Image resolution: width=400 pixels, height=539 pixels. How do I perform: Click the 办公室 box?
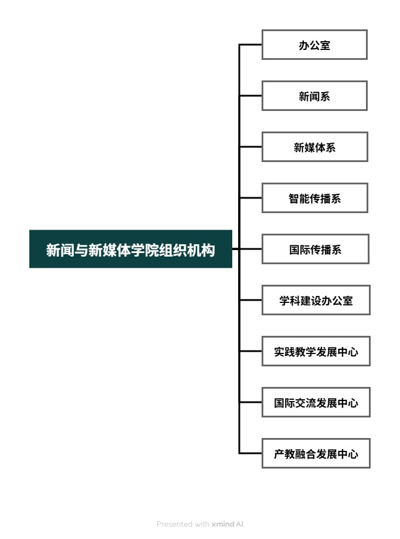click(x=314, y=45)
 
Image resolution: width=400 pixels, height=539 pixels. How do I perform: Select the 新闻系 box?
click(x=314, y=96)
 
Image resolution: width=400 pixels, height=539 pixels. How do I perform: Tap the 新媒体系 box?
click(x=315, y=147)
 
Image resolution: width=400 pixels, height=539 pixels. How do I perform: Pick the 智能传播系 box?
click(x=315, y=198)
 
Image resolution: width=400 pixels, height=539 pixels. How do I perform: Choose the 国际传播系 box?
click(x=315, y=249)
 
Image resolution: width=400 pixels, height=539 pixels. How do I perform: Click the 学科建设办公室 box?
click(x=316, y=300)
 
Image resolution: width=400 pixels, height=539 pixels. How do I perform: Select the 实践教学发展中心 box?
click(x=316, y=351)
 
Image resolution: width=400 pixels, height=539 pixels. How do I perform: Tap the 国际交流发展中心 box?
click(x=316, y=402)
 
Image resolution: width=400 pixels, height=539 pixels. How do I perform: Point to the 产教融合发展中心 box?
click(x=316, y=453)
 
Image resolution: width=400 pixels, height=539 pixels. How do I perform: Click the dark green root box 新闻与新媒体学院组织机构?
click(x=131, y=249)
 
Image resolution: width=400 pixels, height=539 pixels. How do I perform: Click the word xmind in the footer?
click(x=223, y=524)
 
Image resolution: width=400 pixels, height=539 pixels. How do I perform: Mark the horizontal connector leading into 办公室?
click(x=250, y=45)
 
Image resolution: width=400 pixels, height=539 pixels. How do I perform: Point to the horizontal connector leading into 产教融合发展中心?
click(x=250, y=453)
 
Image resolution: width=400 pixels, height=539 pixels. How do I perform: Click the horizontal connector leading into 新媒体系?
click(x=250, y=147)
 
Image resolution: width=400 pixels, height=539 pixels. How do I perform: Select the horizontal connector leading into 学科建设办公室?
click(x=250, y=300)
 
